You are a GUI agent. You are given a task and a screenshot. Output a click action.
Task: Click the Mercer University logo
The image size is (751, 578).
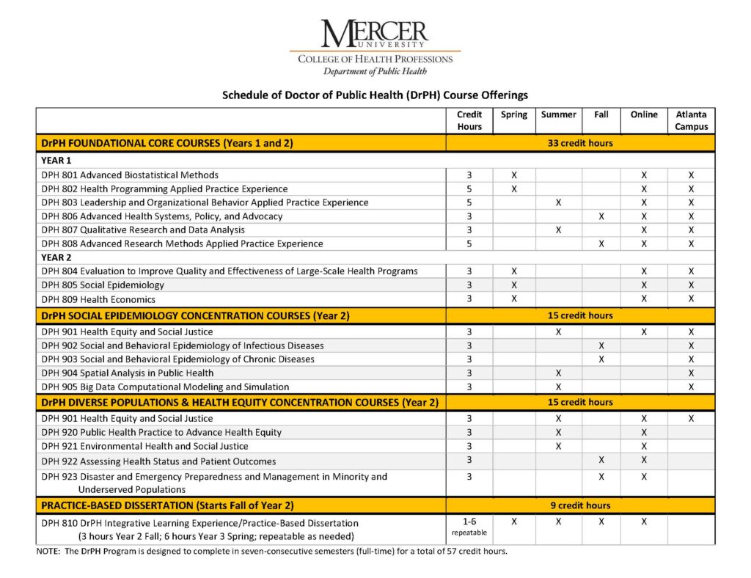(x=375, y=35)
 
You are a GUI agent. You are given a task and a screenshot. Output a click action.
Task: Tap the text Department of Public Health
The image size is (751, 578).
(x=375, y=71)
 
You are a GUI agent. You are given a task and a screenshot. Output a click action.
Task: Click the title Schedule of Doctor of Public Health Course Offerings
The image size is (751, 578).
(x=375, y=95)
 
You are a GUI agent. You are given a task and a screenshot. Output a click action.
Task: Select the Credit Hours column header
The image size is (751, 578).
(x=469, y=120)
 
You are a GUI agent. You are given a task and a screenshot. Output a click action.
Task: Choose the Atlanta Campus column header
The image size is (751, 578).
(x=691, y=120)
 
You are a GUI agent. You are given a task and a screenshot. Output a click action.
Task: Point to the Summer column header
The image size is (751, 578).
(x=558, y=114)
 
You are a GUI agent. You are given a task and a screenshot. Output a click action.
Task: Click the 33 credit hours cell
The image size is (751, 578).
(x=580, y=143)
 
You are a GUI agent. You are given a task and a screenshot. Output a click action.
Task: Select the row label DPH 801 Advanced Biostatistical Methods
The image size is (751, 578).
(x=130, y=175)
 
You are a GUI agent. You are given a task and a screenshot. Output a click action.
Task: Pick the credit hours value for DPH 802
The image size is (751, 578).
(x=469, y=189)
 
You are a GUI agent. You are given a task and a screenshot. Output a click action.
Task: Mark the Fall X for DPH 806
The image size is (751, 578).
(x=601, y=216)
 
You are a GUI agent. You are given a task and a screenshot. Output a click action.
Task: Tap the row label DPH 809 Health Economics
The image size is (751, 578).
(x=98, y=299)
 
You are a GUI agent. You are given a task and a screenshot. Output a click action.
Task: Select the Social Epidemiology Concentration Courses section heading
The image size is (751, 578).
(x=196, y=316)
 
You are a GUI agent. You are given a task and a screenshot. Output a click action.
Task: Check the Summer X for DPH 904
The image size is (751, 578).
(x=558, y=373)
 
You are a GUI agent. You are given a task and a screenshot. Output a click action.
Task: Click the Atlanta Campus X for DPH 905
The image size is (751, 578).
(x=691, y=387)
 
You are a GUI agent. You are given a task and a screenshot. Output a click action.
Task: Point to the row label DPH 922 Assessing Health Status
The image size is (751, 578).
(x=158, y=461)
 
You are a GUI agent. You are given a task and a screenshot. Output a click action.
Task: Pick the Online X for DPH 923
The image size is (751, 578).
(x=643, y=477)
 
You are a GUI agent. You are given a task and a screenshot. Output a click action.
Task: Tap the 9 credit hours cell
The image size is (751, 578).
(x=580, y=505)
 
